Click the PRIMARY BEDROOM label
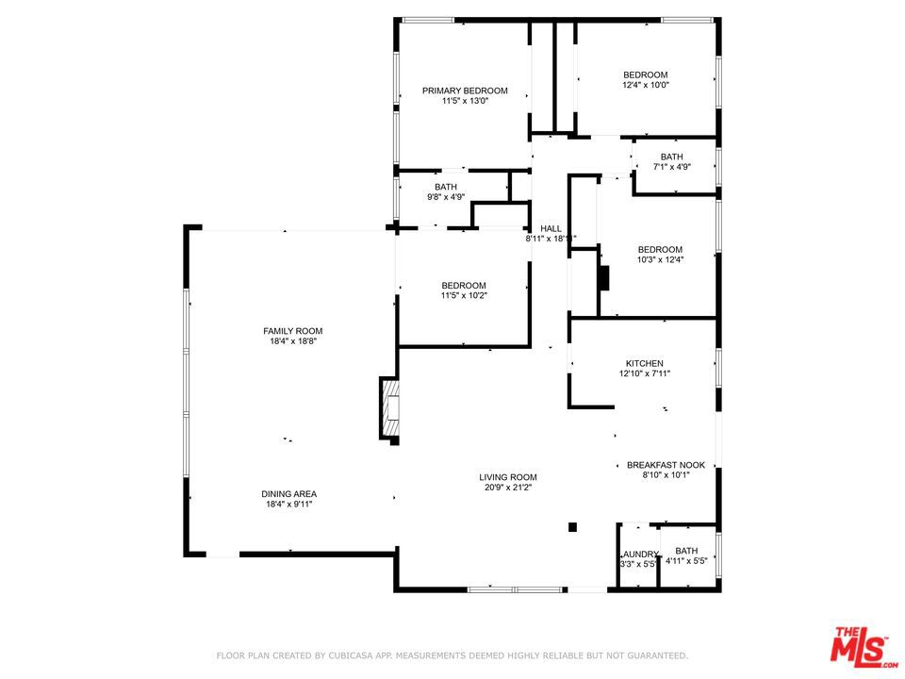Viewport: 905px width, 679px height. (464, 91)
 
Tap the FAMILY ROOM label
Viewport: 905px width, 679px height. (292, 331)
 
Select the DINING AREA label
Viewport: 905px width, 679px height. (288, 494)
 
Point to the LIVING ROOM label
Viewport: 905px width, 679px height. (507, 477)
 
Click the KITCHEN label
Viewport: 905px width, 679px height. (645, 363)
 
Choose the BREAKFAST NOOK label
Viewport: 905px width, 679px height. (666, 465)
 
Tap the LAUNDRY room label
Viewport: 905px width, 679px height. (638, 554)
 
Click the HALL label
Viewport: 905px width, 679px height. (551, 228)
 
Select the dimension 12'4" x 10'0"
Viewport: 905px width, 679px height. (645, 86)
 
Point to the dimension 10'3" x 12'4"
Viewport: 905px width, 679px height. (660, 260)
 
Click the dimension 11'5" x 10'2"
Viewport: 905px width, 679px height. (464, 296)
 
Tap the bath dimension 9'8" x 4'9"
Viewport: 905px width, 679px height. (446, 197)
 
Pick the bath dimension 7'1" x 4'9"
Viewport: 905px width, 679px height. (671, 167)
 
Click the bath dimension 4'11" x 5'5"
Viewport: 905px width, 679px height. (686, 561)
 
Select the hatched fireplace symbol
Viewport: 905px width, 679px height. (389, 408)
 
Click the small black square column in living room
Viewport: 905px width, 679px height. (571, 528)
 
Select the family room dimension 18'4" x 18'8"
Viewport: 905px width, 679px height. (292, 341)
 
